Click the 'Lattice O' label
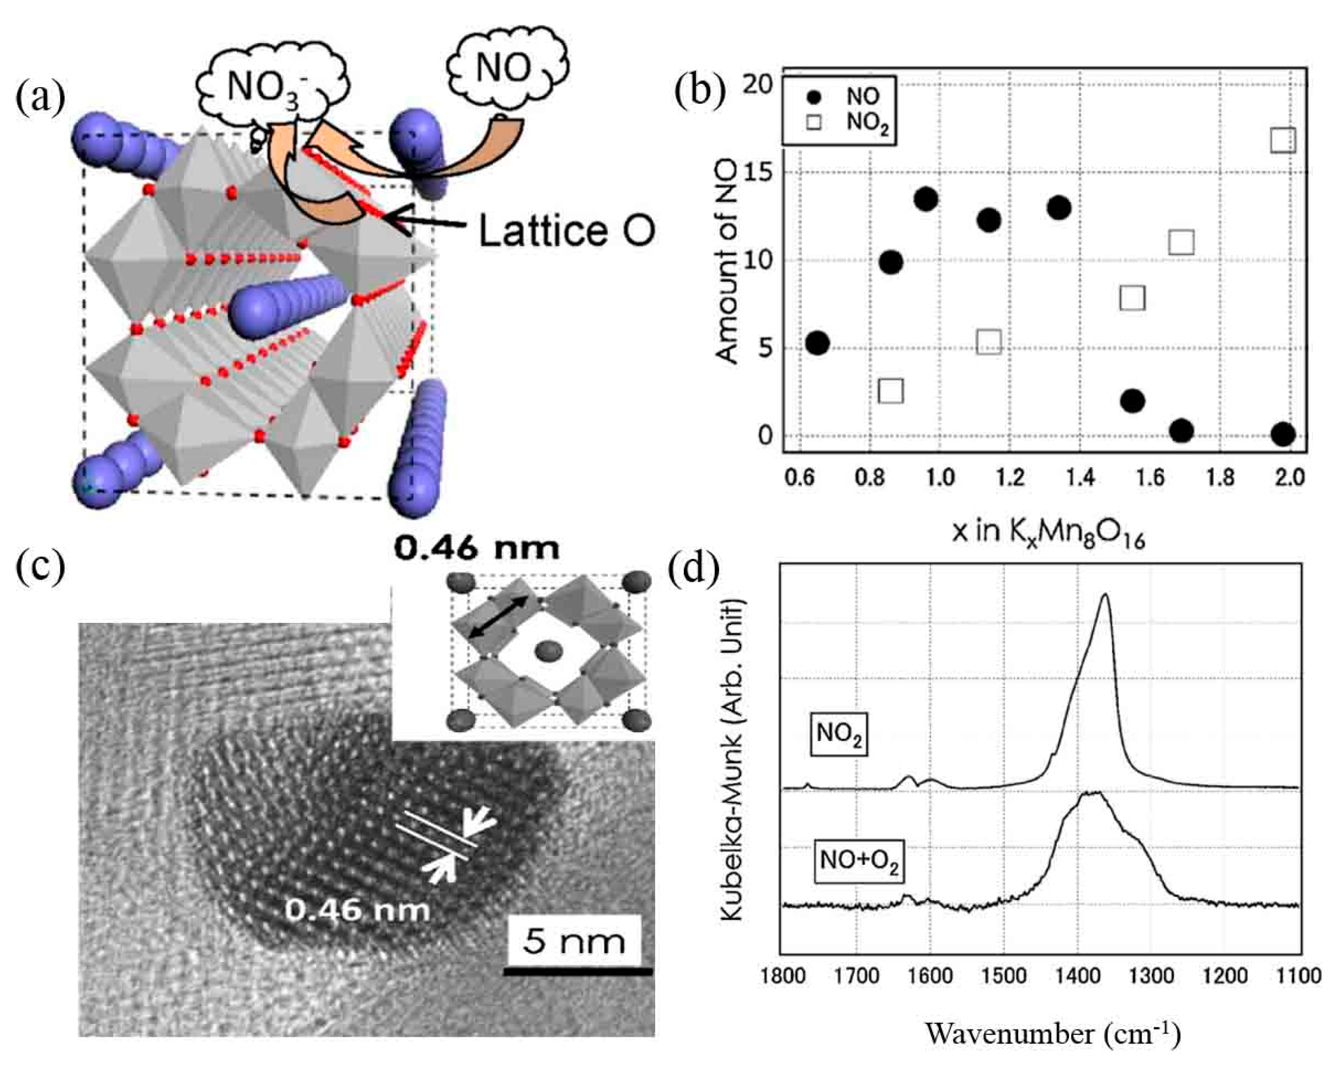[x=566, y=230]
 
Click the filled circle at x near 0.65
[x=817, y=343]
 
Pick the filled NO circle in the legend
[x=814, y=97]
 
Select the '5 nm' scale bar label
[x=573, y=942]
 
